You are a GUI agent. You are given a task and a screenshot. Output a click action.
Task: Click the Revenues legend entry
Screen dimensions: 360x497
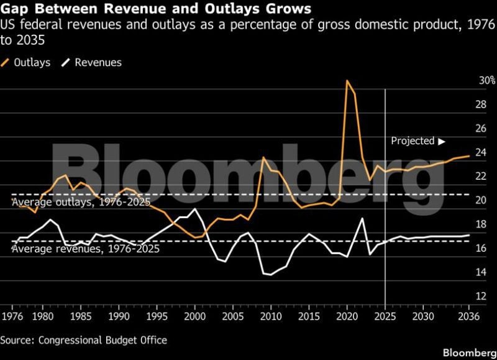click(x=98, y=62)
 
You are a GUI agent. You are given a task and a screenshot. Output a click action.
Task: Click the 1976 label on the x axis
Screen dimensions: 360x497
click(x=12, y=316)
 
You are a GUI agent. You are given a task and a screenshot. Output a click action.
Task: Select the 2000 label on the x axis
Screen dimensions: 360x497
click(x=195, y=316)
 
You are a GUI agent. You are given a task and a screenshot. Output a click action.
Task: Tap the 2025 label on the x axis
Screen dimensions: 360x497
click(x=386, y=316)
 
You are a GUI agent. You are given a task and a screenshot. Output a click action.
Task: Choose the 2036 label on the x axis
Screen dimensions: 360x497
click(x=469, y=316)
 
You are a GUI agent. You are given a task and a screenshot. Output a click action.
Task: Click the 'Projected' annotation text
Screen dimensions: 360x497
click(x=413, y=141)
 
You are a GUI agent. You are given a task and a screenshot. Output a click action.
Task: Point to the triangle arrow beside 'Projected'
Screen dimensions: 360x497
click(x=442, y=141)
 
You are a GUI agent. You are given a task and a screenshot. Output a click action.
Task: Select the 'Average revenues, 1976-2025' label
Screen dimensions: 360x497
click(x=85, y=249)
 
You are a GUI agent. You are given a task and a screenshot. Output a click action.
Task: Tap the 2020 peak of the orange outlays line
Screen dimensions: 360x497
click(x=347, y=81)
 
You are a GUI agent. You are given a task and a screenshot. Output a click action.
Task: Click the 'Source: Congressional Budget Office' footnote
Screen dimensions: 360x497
click(x=83, y=340)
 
